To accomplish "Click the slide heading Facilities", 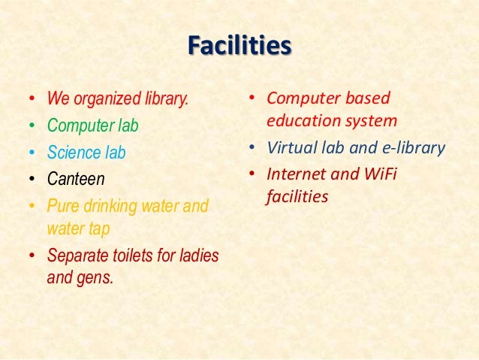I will pyautogui.click(x=239, y=46).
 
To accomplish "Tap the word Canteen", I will pyautogui.click(x=76, y=179).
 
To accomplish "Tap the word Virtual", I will pyautogui.click(x=291, y=147).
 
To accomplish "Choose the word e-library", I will pyautogui.click(x=410, y=147).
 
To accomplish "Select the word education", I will pyautogui.click(x=302, y=119).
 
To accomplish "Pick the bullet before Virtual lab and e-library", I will pyautogui.click(x=253, y=148).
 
